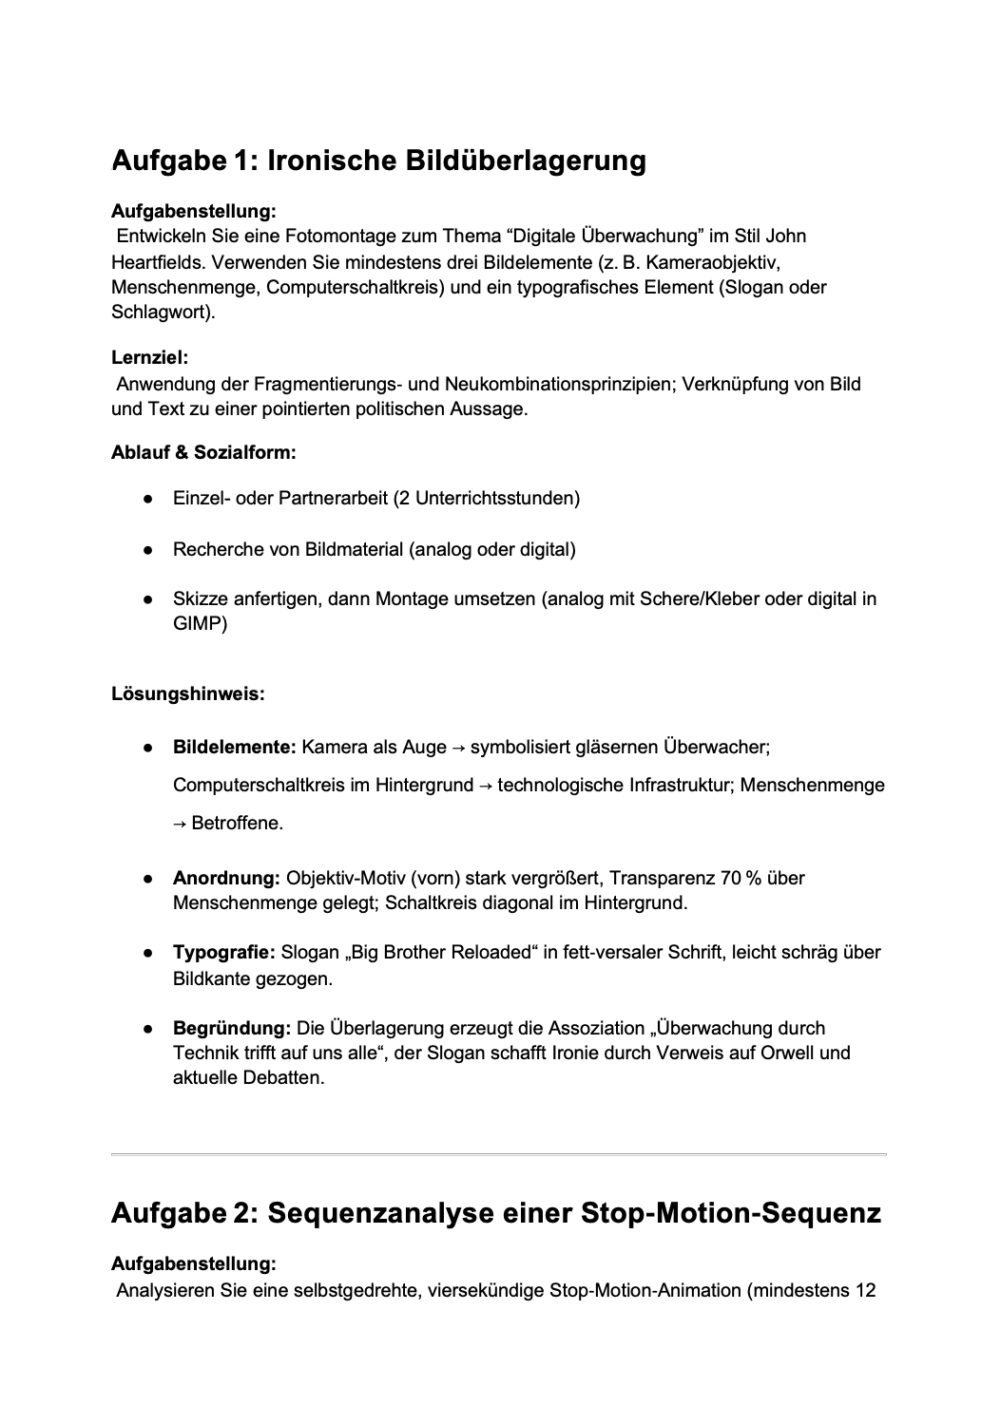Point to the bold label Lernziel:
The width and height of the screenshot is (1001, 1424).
point(150,358)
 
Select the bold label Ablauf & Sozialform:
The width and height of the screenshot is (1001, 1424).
point(203,452)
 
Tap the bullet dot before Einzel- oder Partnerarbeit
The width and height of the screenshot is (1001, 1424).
point(148,499)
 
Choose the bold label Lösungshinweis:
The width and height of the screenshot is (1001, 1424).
point(187,693)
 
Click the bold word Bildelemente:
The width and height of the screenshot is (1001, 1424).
point(234,747)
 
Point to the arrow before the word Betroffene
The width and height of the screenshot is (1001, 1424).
point(180,824)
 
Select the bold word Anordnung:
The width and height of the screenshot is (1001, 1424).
point(226,878)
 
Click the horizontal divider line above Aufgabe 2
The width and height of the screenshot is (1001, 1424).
point(499,1154)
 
